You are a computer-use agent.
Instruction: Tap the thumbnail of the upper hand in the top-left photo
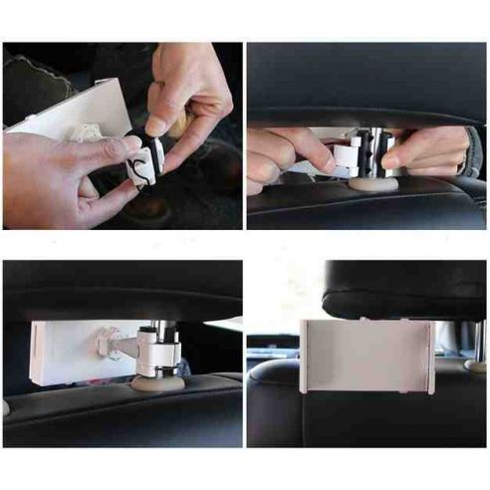(156, 125)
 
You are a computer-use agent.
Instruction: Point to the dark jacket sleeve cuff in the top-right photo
(472, 151)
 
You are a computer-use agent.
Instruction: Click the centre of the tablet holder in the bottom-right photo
(367, 356)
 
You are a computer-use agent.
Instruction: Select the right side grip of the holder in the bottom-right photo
(431, 356)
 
